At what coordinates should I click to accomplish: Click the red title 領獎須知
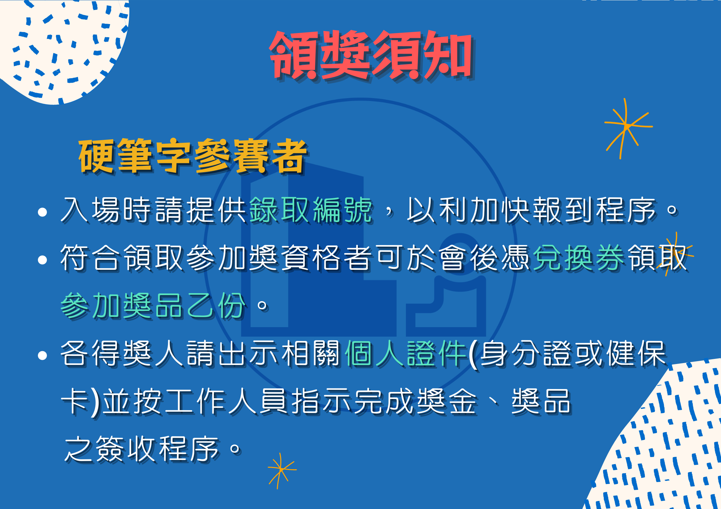point(372,55)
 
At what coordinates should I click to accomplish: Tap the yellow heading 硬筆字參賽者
point(193,157)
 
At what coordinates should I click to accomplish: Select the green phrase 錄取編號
point(311,210)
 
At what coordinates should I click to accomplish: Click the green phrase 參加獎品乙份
point(153,305)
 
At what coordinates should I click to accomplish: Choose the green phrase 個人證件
point(406,353)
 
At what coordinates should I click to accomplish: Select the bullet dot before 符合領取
point(42,260)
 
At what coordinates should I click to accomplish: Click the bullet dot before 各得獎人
point(42,355)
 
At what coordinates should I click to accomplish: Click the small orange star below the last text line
point(281,470)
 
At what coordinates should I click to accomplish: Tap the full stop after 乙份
point(262,305)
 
